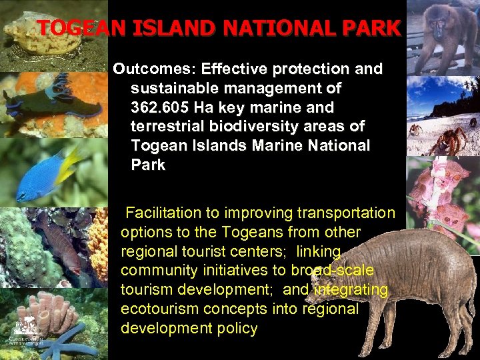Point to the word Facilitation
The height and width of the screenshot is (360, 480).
click(x=163, y=213)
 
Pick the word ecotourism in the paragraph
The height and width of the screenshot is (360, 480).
click(x=165, y=309)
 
